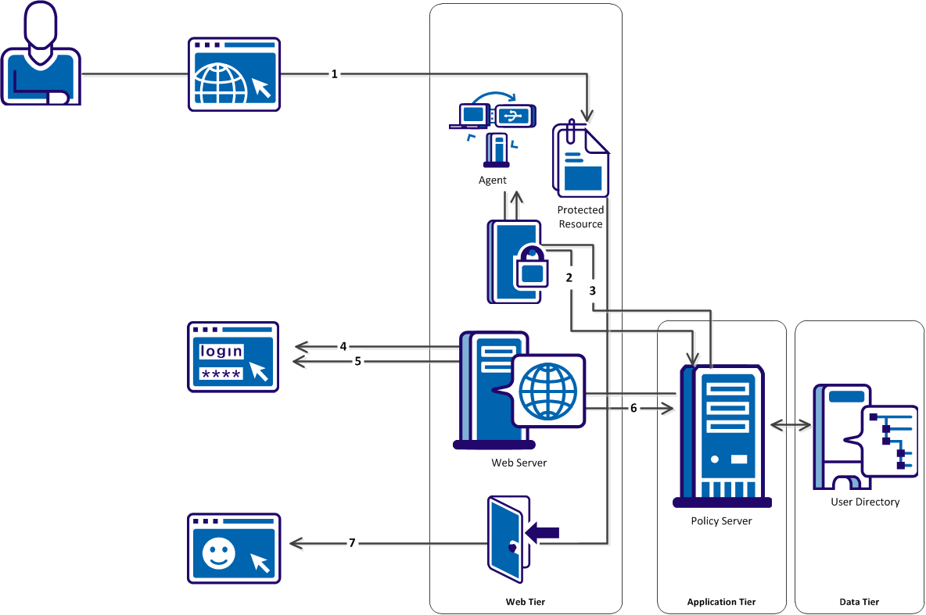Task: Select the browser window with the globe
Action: pyautogui.click(x=234, y=74)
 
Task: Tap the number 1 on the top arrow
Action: pyautogui.click(x=335, y=74)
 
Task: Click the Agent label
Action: pyautogui.click(x=493, y=180)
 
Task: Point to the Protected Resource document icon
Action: pyautogui.click(x=580, y=160)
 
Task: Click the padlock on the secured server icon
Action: pyautogui.click(x=532, y=268)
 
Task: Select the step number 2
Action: pyautogui.click(x=569, y=277)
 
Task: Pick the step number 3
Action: pyautogui.click(x=593, y=290)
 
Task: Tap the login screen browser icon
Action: pyautogui.click(x=233, y=356)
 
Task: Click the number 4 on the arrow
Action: pyautogui.click(x=343, y=345)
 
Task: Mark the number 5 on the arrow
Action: pyautogui.click(x=357, y=361)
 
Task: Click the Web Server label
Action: pyautogui.click(x=519, y=463)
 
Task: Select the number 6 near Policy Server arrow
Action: pyautogui.click(x=633, y=408)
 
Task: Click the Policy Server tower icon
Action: pyautogui.click(x=724, y=434)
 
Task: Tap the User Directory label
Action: pyautogui.click(x=865, y=502)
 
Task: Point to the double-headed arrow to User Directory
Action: pyautogui.click(x=790, y=424)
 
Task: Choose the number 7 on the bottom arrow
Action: pyautogui.click(x=352, y=542)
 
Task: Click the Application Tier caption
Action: pyautogui.click(x=721, y=602)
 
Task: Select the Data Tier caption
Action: pyautogui.click(x=860, y=602)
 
